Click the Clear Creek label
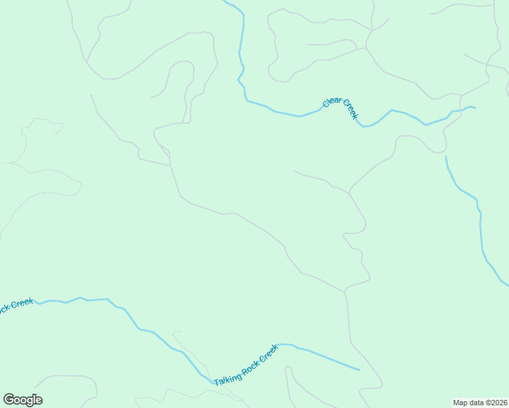tap(340, 107)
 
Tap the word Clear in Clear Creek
tap(333, 101)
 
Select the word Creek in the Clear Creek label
tap(350, 109)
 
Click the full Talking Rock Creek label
tap(246, 366)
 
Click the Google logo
tap(22, 400)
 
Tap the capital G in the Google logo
tap(8, 400)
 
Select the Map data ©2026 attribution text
tap(479, 403)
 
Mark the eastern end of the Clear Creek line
tap(474, 107)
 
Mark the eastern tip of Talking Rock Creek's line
tap(359, 370)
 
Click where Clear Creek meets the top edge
tap(225, 1)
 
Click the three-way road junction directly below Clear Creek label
tap(349, 193)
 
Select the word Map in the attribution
tap(461, 403)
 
